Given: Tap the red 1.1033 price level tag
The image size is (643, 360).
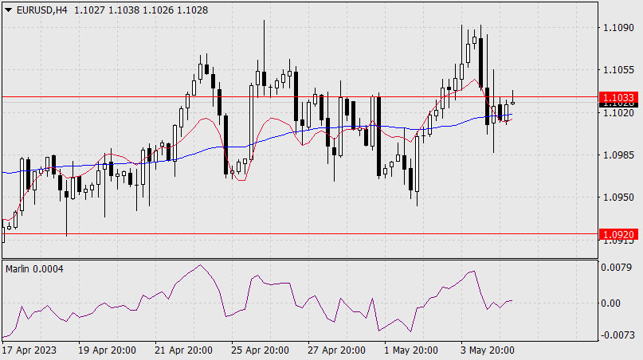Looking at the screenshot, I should (x=618, y=96).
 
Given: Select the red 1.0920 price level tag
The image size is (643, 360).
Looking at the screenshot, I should (x=618, y=234).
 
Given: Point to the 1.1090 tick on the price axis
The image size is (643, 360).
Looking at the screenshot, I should (x=618, y=28).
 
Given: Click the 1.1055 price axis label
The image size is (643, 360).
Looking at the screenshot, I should (x=618, y=70).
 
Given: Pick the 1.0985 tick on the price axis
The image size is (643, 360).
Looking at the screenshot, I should (x=618, y=155).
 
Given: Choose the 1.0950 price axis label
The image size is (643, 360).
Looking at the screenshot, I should (x=618, y=197).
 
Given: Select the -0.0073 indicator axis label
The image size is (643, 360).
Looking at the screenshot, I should (x=617, y=335).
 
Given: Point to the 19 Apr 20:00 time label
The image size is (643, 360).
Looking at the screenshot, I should (x=108, y=350).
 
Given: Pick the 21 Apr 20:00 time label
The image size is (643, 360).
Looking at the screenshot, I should (x=183, y=350).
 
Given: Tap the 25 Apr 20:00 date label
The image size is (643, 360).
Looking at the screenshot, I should (x=260, y=350).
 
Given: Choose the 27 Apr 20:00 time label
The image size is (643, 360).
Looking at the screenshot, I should (x=336, y=350).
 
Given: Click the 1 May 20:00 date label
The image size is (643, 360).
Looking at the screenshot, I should (x=411, y=350).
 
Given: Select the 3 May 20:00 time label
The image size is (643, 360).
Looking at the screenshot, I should (x=487, y=350).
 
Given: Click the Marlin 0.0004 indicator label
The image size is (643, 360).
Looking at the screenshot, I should (x=34, y=268).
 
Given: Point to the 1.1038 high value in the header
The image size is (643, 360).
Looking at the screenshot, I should (x=124, y=9).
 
